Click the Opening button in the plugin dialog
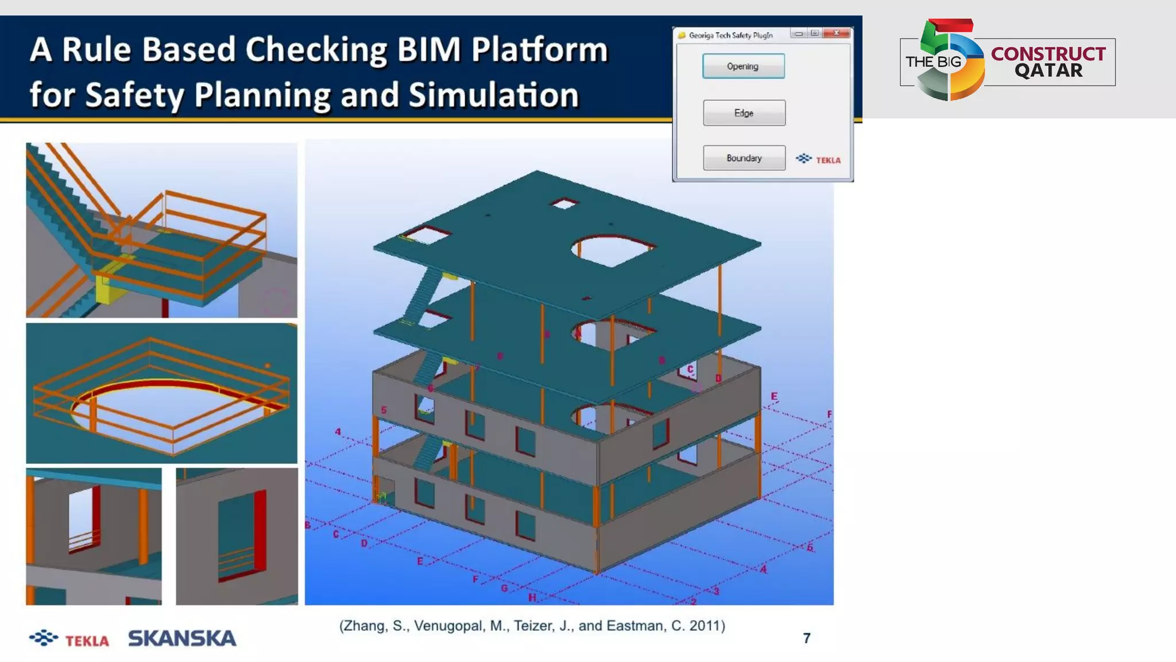(743, 66)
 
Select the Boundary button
(744, 158)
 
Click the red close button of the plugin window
(836, 33)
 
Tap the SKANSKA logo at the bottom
(182, 638)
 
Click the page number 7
(807, 638)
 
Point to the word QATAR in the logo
(1049, 71)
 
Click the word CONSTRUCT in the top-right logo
(1048, 53)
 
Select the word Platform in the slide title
(539, 49)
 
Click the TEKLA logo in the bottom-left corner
(69, 639)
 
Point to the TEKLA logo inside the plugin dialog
(819, 159)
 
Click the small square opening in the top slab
(564, 203)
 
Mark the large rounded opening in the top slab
(612, 250)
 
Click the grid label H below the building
(532, 597)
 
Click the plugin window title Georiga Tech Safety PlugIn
(730, 35)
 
